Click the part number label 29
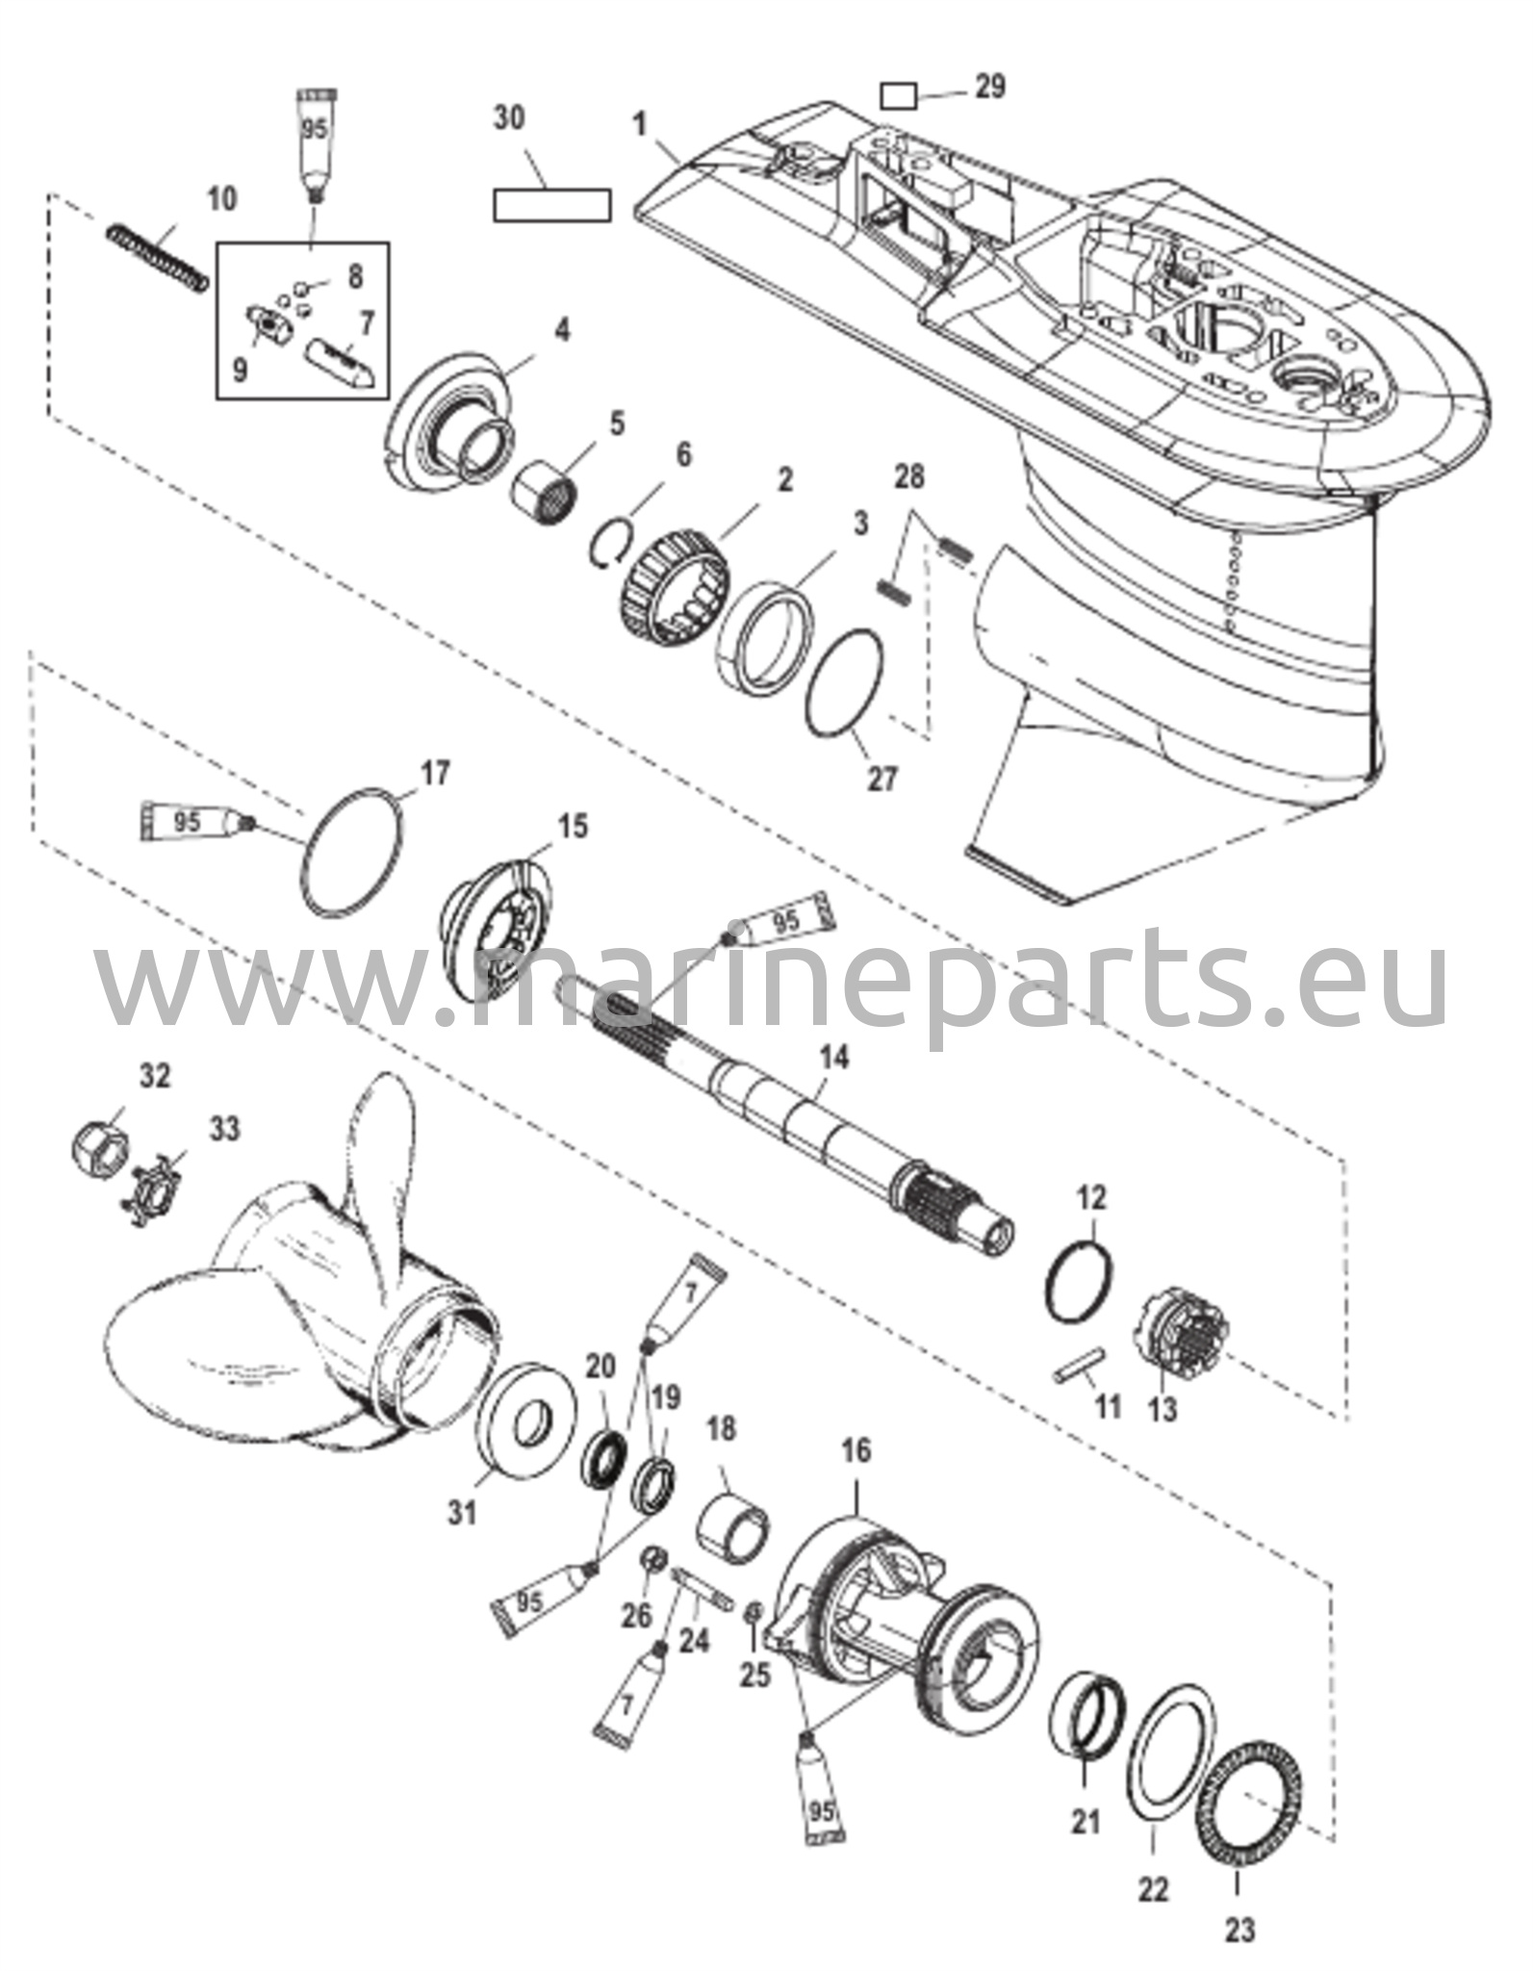point(990,86)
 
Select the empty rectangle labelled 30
point(551,206)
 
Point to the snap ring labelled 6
point(610,544)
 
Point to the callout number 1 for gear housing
point(639,124)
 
